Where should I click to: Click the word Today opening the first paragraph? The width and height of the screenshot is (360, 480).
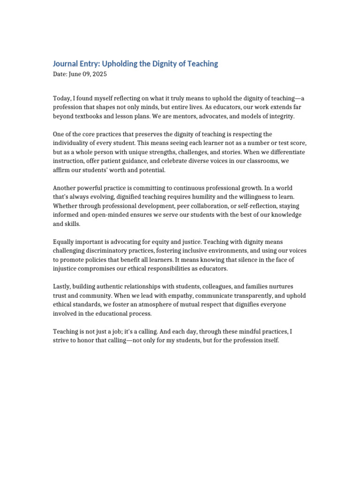pos(61,98)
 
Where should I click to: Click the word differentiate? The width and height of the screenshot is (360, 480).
pos(287,152)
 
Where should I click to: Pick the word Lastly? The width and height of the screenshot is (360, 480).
pos(62,286)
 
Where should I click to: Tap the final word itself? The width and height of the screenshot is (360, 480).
pos(270,340)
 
